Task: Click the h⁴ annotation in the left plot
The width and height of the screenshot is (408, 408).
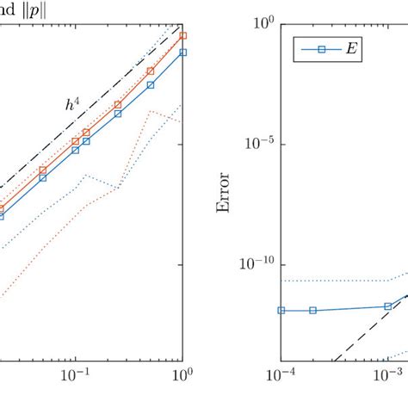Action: (71, 105)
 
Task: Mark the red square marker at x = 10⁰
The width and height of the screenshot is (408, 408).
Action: (183, 36)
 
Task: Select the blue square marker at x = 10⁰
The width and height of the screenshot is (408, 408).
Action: (183, 53)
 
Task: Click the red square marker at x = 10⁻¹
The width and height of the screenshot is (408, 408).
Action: (76, 141)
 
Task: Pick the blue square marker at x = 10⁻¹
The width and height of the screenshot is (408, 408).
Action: (76, 150)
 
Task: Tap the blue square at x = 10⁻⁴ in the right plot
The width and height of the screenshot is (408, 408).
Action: (281, 310)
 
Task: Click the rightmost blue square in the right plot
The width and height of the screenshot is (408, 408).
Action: (387, 306)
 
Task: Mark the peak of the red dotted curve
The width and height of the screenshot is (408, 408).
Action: (151, 111)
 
